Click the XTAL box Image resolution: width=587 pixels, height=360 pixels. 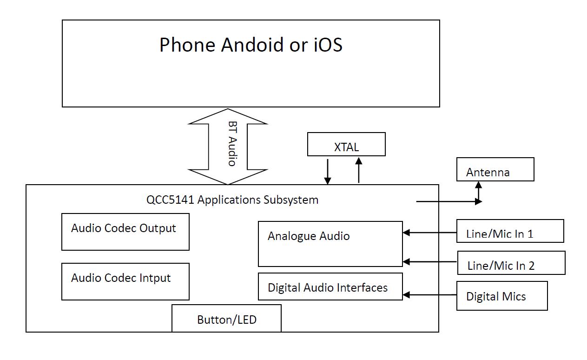[346, 144]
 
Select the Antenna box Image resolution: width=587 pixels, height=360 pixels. [495, 169]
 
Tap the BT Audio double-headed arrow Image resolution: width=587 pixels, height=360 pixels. [228, 147]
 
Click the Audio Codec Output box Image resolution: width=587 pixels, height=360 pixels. [125, 232]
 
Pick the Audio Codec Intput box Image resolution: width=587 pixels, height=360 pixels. [125, 281]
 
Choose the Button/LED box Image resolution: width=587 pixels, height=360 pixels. [226, 319]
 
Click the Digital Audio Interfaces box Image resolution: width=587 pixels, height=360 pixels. [330, 287]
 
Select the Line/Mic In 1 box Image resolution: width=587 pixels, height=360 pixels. [510, 231]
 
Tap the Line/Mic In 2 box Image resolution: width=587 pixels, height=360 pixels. [511, 263]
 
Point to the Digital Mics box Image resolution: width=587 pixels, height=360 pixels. [502, 296]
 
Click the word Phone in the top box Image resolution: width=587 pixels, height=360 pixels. [188, 45]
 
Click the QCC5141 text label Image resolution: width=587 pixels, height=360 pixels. [171, 200]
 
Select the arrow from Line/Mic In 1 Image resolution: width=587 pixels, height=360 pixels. [429, 233]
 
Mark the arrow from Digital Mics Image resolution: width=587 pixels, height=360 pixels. [429, 294]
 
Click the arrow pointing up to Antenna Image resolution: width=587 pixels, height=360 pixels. [479, 191]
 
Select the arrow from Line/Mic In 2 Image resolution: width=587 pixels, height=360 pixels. [429, 262]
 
